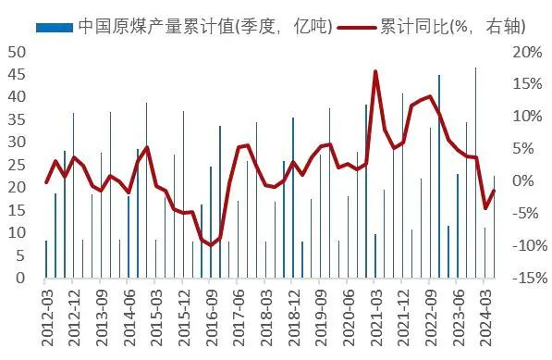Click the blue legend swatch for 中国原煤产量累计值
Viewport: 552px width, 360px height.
(54, 26)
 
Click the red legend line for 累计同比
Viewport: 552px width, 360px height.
(355, 26)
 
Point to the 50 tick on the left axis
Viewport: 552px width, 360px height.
(16, 52)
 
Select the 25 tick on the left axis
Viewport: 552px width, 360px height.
(16, 165)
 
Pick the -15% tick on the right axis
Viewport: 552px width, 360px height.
(523, 278)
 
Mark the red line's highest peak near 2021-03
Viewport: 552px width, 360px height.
(375, 71)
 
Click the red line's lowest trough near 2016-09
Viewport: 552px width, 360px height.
(211, 244)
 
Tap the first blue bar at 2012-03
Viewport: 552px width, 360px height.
(46, 259)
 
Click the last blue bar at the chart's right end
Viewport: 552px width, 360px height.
(494, 227)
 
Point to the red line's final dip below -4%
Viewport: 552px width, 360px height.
(485, 208)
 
